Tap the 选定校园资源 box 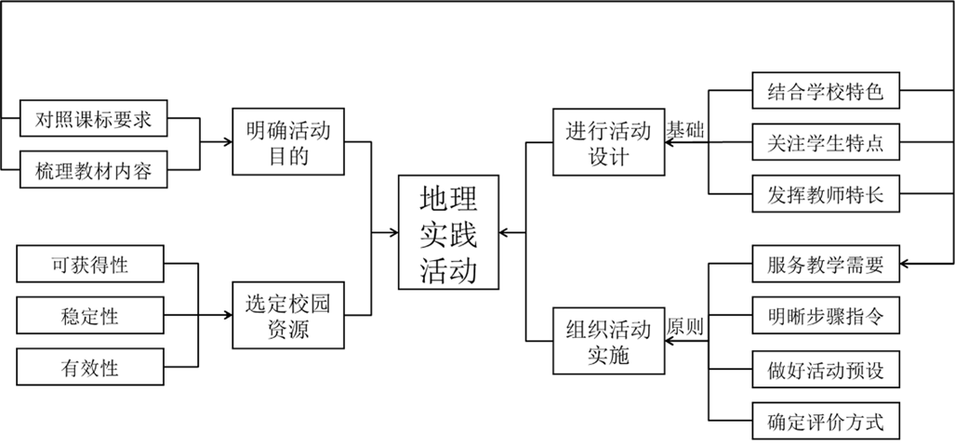[288, 315]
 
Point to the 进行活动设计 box [609, 142]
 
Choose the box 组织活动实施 [609, 341]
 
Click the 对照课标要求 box [93, 119]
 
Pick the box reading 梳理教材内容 [93, 170]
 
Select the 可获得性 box [90, 265]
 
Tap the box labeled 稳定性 [90, 316]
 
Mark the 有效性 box [90, 367]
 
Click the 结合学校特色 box [826, 92]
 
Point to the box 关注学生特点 [826, 144]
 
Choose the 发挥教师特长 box [826, 195]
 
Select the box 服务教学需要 [826, 265]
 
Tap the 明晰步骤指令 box [826, 316]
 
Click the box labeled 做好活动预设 [826, 370]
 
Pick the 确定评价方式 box [826, 422]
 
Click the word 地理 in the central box [448, 199]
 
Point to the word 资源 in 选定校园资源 [288, 329]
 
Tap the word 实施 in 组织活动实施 [609, 354]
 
